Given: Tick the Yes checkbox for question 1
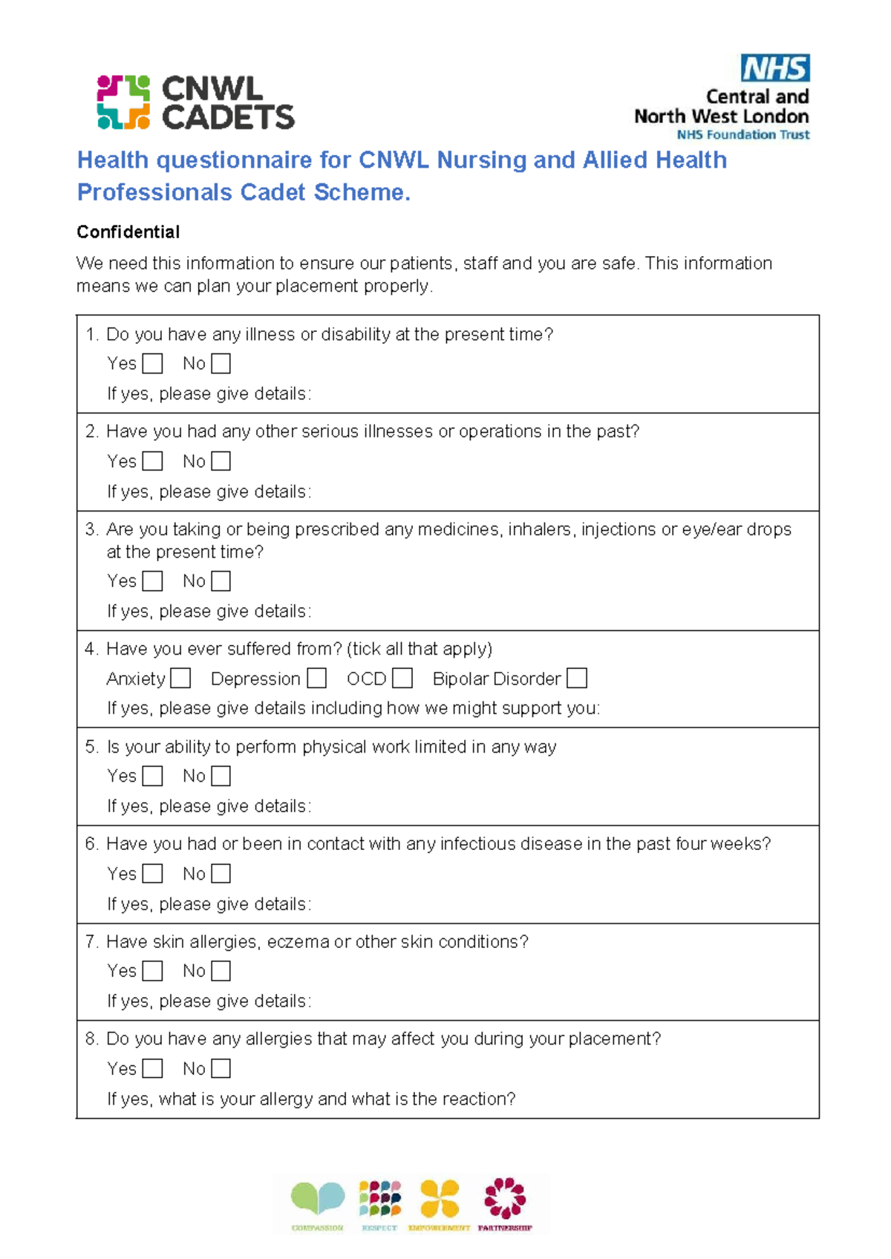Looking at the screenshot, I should [152, 364].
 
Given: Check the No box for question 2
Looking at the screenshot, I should [221, 461].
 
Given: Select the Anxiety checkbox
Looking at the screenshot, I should [180, 678].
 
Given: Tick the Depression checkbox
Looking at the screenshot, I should [316, 678].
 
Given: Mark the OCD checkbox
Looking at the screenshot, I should [402, 678].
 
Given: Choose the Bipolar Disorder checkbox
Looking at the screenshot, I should [577, 678].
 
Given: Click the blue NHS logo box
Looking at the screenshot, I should [774, 68].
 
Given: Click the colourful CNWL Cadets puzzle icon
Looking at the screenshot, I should [123, 102].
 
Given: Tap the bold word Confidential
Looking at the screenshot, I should [128, 232].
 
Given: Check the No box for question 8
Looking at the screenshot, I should [221, 1068].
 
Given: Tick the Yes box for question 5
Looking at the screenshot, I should [152, 776].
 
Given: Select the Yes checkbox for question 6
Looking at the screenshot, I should [152, 874].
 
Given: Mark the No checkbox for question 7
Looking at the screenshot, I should [221, 971].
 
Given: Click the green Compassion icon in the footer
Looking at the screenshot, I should [318, 1198].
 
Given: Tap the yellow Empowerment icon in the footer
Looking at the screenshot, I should [440, 1198].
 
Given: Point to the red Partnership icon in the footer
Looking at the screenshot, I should [505, 1198].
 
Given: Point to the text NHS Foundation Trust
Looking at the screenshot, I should [742, 135].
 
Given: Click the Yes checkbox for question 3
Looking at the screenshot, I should [152, 581].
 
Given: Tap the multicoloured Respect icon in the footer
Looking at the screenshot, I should [379, 1198].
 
